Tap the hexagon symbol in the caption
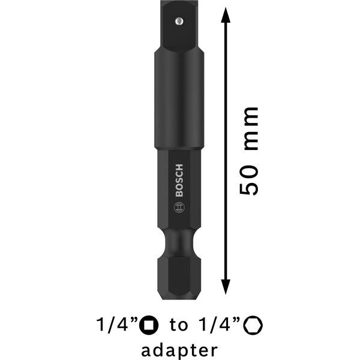click(x=256, y=325)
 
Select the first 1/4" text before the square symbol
click(x=116, y=325)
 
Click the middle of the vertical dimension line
click(x=226, y=150)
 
